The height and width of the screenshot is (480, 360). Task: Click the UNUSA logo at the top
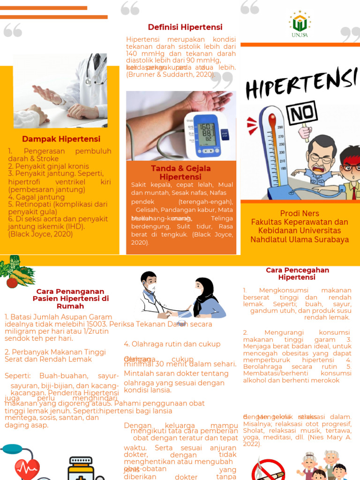(x=300, y=24)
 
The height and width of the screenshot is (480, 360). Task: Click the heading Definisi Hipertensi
(x=185, y=27)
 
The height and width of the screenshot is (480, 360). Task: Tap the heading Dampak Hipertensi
(x=61, y=139)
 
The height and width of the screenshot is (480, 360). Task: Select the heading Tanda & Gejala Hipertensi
(x=180, y=172)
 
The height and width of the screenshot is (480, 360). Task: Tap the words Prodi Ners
(x=299, y=213)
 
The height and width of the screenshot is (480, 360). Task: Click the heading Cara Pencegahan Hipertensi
(x=297, y=274)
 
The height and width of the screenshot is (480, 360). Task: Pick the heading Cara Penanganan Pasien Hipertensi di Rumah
(x=70, y=299)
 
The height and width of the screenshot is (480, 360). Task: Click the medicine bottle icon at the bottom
(x=81, y=469)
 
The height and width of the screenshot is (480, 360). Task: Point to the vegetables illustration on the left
(x=16, y=272)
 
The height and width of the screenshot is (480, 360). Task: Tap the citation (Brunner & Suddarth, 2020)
(x=171, y=75)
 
